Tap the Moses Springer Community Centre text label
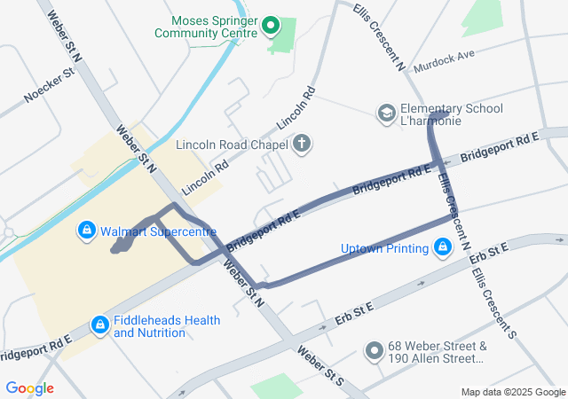click(206, 27)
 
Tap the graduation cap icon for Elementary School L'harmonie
click(386, 113)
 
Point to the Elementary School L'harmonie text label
click(451, 114)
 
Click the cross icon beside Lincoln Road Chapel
click(302, 144)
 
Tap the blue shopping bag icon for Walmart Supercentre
click(85, 231)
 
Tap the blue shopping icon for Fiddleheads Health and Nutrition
click(99, 325)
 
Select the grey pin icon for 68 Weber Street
click(375, 352)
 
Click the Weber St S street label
click(319, 366)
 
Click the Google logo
click(29, 388)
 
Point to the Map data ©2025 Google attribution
click(512, 392)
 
